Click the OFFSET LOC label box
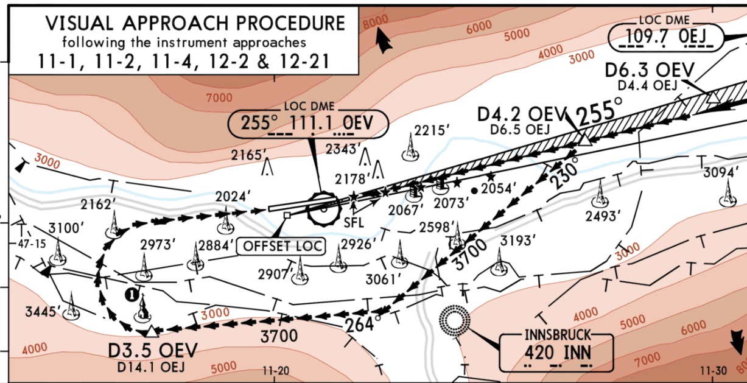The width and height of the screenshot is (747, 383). (x=282, y=246)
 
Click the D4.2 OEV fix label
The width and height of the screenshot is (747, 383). (x=522, y=114)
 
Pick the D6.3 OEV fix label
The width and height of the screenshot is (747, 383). (x=649, y=71)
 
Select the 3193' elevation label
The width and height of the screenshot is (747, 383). (x=516, y=241)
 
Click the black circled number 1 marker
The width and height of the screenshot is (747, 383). (x=130, y=294)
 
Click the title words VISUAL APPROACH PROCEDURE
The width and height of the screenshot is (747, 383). (x=195, y=24)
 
